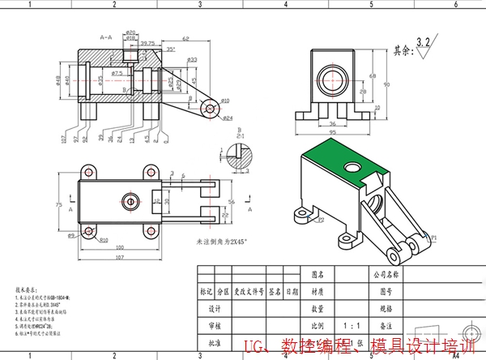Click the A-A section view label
tap(105, 37)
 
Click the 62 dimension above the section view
tap(185, 39)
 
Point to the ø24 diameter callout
tap(228, 118)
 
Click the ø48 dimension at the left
tap(58, 79)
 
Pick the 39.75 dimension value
tap(147, 43)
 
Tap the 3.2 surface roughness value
tap(422, 39)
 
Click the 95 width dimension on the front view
tap(332, 132)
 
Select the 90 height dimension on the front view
tap(386, 84)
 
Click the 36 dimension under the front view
tap(331, 123)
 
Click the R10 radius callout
tap(104, 241)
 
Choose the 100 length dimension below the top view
tap(120, 247)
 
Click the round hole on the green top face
tap(352, 167)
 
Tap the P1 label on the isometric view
tap(433, 238)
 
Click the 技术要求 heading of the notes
tap(27, 289)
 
